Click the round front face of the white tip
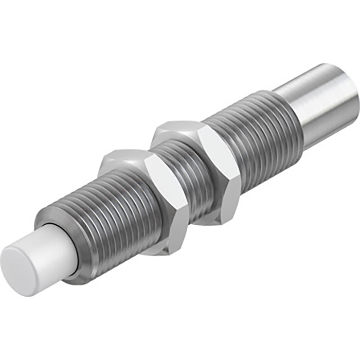point(20,270)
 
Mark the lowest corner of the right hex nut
point(226,222)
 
